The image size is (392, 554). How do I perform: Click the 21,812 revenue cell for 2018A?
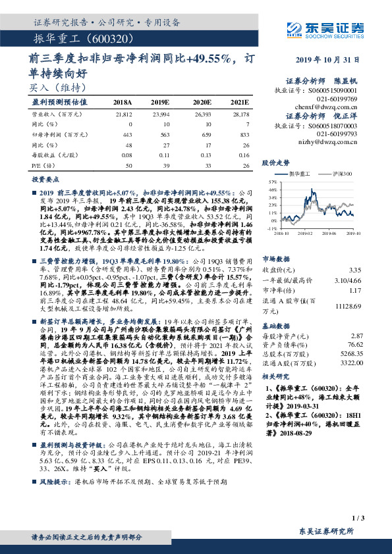[124, 114]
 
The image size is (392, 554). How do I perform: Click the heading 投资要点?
[43, 179]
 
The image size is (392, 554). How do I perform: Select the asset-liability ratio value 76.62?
[355, 343]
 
